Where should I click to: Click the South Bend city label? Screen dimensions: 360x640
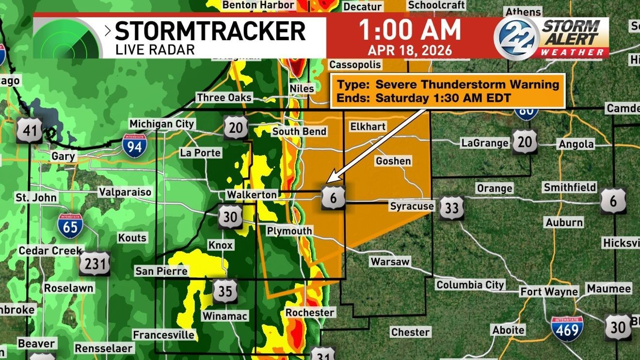[299, 131]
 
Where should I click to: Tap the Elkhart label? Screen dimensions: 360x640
[368, 126]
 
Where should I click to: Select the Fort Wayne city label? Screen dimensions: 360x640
[549, 292]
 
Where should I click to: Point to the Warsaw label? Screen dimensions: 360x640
[390, 262]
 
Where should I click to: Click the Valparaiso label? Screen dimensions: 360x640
[125, 192]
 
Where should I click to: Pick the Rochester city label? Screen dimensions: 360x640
[310, 313]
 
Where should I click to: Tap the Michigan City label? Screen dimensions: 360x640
[161, 124]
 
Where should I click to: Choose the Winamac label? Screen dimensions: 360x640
[225, 316]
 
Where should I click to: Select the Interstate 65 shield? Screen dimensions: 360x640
[70, 226]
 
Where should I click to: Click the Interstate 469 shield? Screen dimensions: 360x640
[567, 329]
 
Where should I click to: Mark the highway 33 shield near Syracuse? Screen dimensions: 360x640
[452, 208]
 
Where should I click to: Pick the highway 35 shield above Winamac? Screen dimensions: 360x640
[225, 291]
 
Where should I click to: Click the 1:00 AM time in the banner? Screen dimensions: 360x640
[410, 31]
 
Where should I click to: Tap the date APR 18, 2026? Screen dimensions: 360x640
[410, 50]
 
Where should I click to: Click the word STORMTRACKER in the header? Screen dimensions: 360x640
[210, 31]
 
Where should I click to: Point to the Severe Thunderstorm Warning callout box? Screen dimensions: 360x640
[448, 91]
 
